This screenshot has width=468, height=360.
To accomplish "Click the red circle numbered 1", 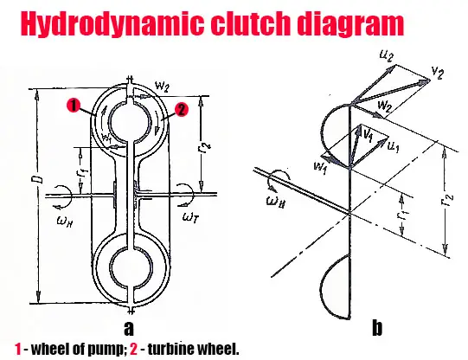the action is pos(74,106).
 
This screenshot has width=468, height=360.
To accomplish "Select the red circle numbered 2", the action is pos(182,110).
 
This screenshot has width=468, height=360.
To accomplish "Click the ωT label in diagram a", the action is pos(190,217).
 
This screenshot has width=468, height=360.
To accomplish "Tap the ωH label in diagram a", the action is pos(65,222).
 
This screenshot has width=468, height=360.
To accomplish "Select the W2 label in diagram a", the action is pos(163,87).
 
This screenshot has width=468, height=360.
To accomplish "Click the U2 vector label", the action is pos(386,55).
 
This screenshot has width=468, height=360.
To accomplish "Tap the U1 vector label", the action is pos(394,146).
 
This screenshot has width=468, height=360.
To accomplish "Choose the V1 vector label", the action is pos(368,136).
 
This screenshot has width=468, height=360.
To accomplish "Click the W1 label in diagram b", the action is pos(320,168).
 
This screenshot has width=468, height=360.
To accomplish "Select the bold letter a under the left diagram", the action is pos(129,328).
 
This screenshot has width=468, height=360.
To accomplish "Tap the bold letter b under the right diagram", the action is pos(377,327).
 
